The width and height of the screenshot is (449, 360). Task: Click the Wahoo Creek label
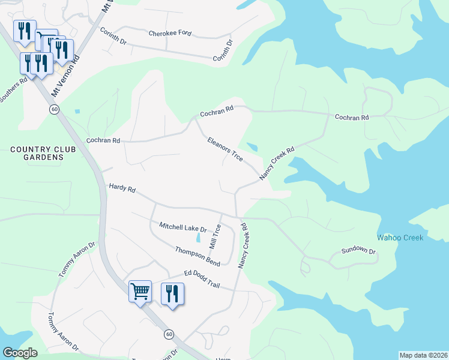click(400, 238)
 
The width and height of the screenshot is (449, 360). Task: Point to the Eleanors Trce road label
click(224, 149)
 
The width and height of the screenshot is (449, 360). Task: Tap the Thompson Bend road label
click(197, 256)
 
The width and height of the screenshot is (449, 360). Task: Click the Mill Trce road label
click(215, 237)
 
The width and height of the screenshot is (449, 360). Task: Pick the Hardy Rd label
click(122, 188)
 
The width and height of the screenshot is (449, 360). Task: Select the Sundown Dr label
click(358, 251)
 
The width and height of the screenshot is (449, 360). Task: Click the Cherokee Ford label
click(170, 33)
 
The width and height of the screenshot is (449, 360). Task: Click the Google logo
click(20, 353)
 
